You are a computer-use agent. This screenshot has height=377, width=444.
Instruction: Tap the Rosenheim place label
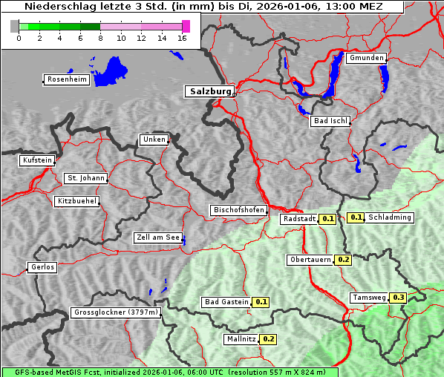click(66, 79)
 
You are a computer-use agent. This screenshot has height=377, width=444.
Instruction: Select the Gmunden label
click(366, 58)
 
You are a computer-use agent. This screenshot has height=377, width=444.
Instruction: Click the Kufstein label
click(36, 160)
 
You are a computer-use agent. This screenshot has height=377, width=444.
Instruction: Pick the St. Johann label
click(85, 178)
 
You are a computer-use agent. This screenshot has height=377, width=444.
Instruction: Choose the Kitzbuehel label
click(76, 201)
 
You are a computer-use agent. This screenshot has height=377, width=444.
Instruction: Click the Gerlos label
click(42, 267)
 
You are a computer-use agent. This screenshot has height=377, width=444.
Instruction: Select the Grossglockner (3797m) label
click(116, 313)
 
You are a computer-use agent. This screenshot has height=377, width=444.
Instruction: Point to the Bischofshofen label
click(238, 211)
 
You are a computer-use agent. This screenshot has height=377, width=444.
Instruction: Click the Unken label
click(153, 140)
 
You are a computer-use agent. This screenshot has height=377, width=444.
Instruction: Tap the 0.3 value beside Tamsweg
click(399, 298)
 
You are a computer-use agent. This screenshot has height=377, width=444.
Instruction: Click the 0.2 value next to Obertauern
click(343, 260)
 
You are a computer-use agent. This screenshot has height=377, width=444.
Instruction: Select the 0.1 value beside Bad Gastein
click(261, 302)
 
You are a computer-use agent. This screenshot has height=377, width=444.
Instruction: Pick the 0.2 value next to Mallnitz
click(268, 339)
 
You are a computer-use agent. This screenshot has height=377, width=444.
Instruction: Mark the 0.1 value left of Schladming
click(356, 217)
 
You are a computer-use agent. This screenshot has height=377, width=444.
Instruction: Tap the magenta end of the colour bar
click(186, 26)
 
